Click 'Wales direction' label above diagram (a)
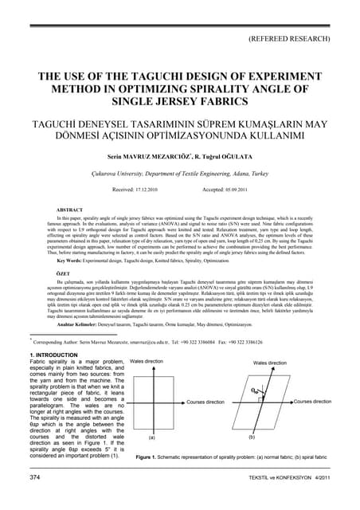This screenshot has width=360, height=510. (147, 361)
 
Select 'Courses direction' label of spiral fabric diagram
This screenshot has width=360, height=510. (312, 402)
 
